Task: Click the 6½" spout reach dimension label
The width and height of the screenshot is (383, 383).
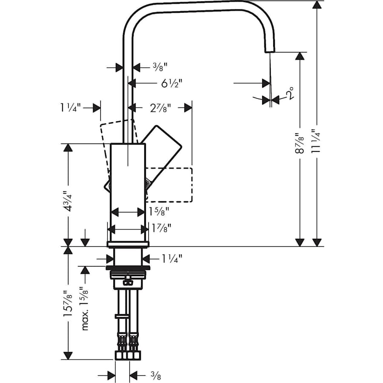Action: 171,83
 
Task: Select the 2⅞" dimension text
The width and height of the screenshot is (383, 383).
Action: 160,108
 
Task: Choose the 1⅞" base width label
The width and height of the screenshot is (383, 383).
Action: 161,229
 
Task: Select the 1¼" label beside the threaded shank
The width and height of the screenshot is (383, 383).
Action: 171,258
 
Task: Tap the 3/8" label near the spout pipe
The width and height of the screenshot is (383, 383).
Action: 160,66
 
